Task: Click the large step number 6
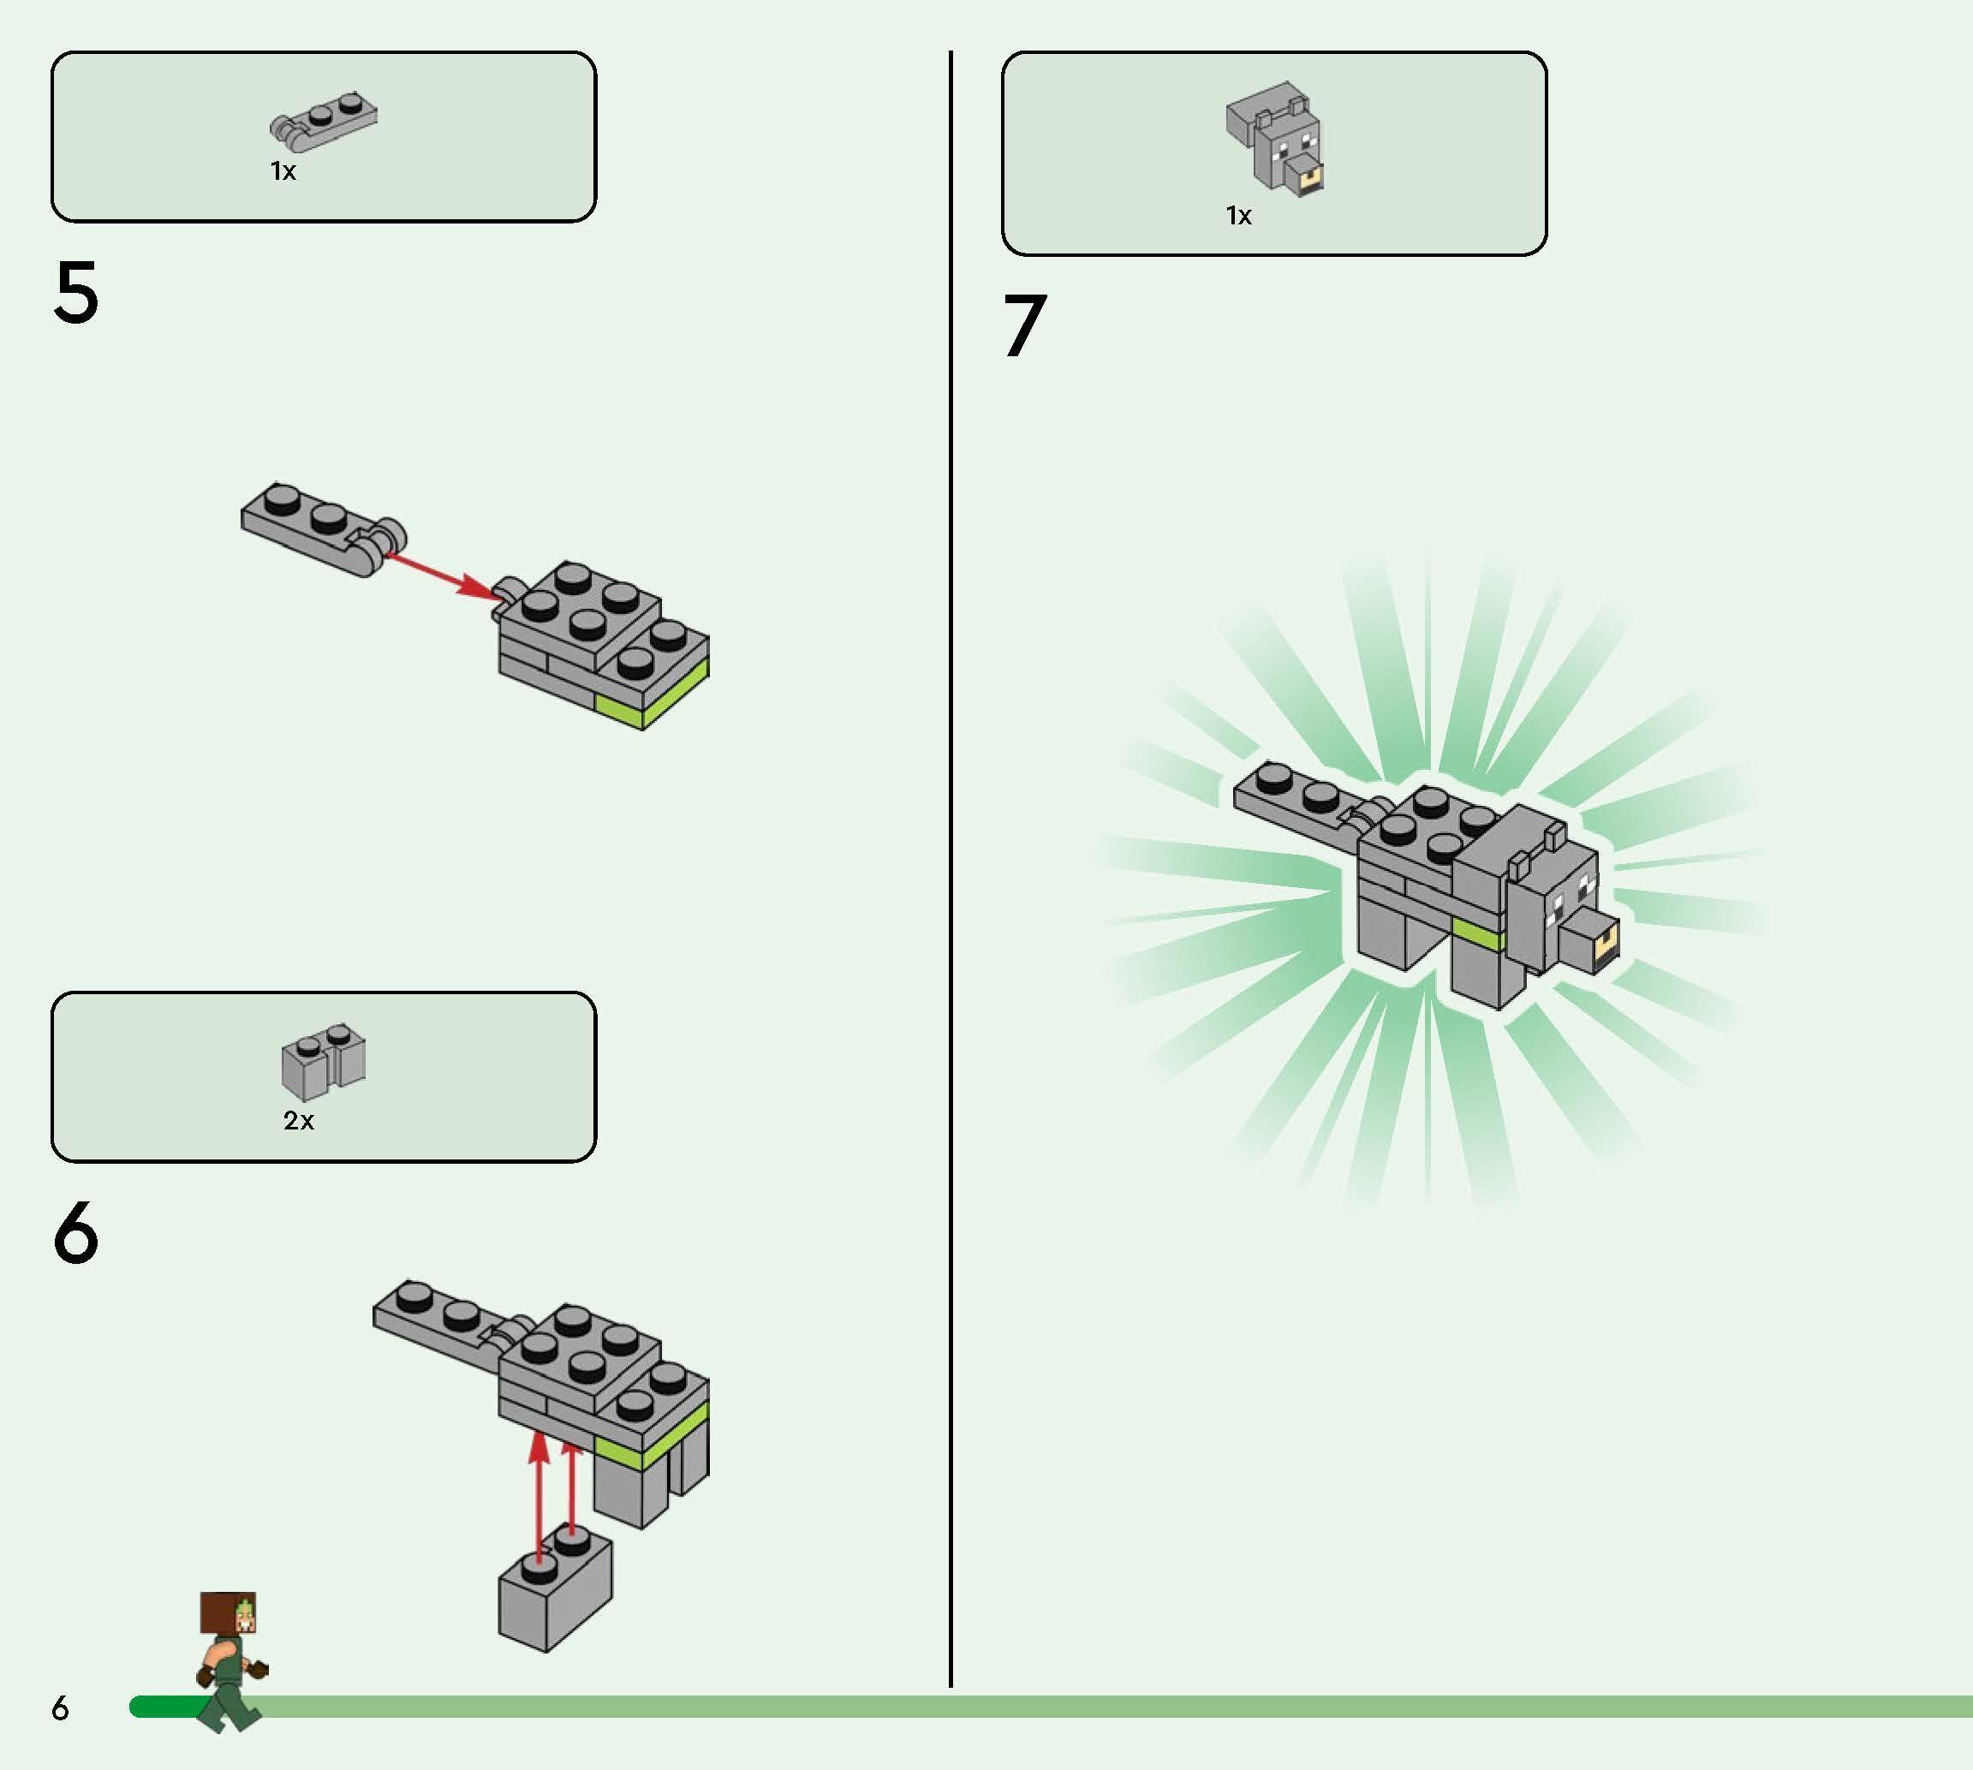click(76, 1232)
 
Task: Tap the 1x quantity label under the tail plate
click(283, 171)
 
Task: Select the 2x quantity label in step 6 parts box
click(299, 1120)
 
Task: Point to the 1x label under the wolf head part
click(1238, 215)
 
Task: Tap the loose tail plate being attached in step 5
click(324, 530)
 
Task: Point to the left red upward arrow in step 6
click(539, 1495)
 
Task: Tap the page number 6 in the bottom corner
click(60, 1707)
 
